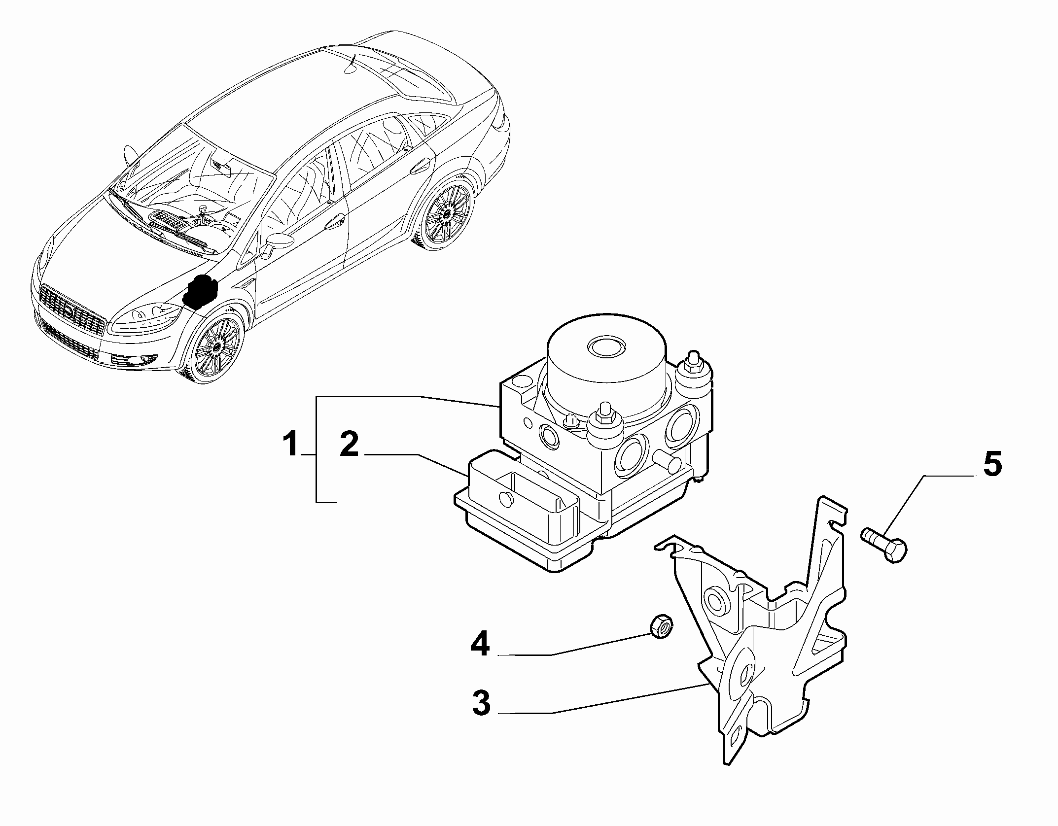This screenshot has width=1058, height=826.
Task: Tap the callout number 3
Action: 481,703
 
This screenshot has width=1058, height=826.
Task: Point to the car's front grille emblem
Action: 70,311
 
